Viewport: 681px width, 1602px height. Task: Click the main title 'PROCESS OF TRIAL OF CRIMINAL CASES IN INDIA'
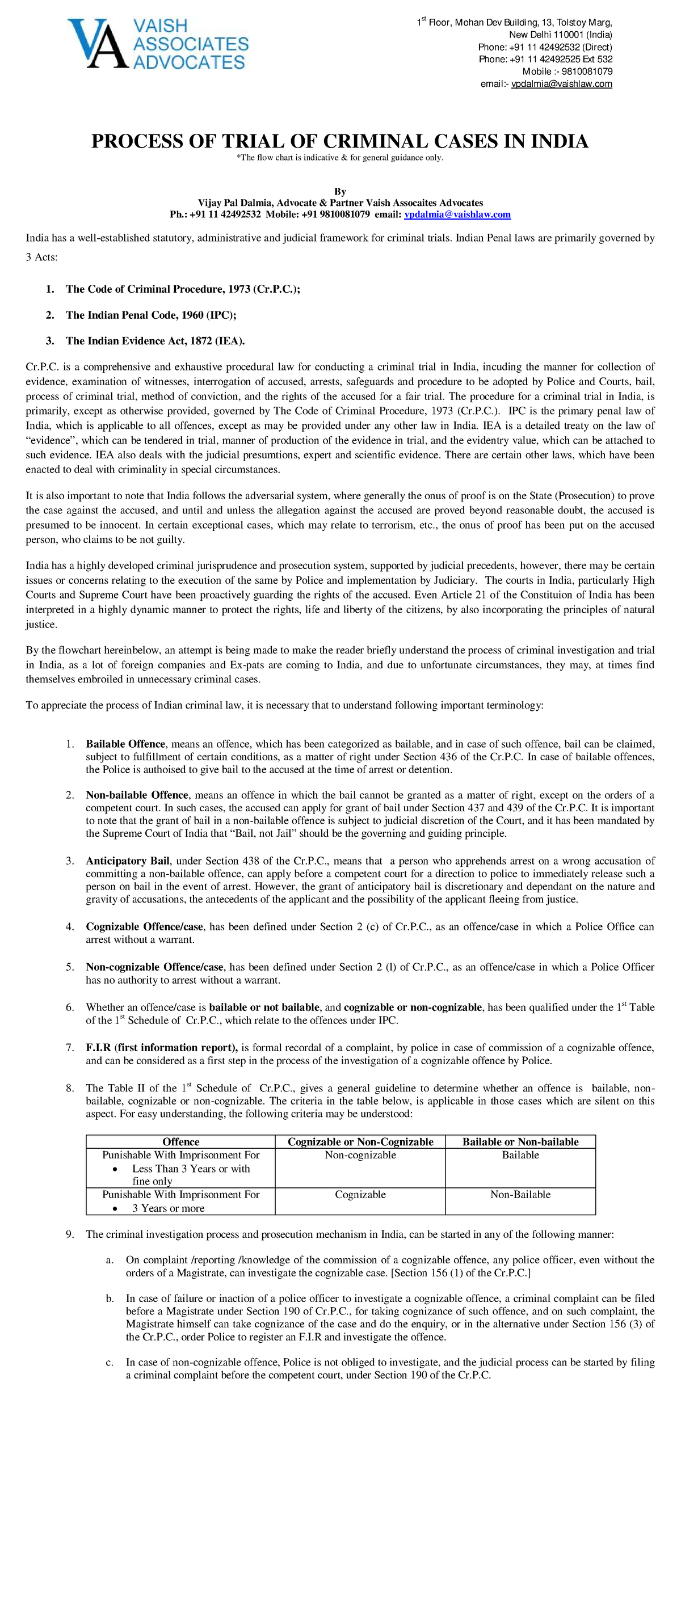pyautogui.click(x=339, y=141)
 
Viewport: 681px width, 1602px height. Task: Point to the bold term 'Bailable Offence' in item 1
pyautogui.click(x=125, y=744)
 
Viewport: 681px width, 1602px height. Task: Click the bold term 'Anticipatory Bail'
pyautogui.click(x=128, y=861)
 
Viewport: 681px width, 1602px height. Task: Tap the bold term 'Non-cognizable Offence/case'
pyautogui.click(x=154, y=967)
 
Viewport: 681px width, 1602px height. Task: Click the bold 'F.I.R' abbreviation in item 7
pyautogui.click(x=98, y=1047)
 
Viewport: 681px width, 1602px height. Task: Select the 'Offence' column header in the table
pyautogui.click(x=180, y=1142)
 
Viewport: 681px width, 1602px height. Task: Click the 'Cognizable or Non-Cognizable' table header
pyautogui.click(x=360, y=1142)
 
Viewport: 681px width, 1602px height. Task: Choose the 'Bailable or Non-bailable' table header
pyautogui.click(x=520, y=1142)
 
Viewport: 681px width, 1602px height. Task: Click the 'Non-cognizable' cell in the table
pyautogui.click(x=360, y=1155)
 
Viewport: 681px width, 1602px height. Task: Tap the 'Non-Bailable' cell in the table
pyautogui.click(x=520, y=1195)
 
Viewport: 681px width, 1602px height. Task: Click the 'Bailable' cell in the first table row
pyautogui.click(x=520, y=1155)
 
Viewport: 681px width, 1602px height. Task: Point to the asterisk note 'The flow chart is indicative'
pyautogui.click(x=339, y=157)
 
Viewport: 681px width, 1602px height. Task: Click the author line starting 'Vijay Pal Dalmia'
pyautogui.click(x=339, y=203)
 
